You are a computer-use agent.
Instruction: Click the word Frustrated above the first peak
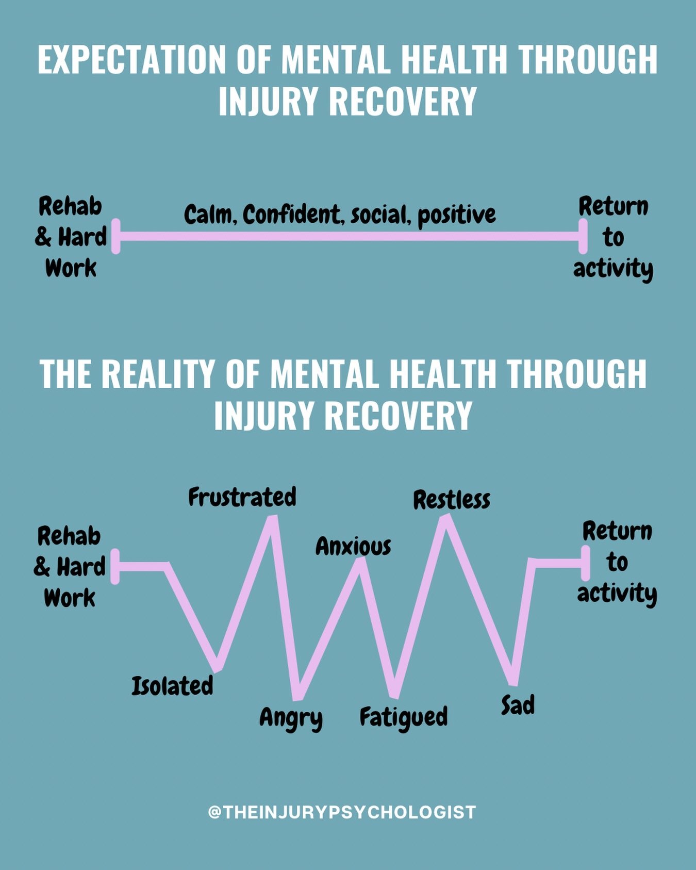pos(242,497)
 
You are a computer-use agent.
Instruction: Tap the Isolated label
pos(172,686)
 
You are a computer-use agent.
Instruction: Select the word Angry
pos(291,717)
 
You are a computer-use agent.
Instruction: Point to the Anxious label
pos(353,546)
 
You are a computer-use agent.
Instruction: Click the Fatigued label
pos(404,717)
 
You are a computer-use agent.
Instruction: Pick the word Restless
pos(452,500)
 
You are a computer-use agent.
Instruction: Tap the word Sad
pos(518,705)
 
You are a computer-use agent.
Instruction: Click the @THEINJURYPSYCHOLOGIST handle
pos(342,812)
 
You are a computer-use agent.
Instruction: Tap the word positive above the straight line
pos(457,215)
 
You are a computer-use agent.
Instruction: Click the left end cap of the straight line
pos(116,236)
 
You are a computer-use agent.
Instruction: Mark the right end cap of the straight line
pos(583,236)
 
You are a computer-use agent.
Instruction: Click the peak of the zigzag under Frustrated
pos(273,519)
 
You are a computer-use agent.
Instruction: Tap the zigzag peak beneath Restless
pos(445,519)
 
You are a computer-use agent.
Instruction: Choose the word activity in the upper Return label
pos(613,269)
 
